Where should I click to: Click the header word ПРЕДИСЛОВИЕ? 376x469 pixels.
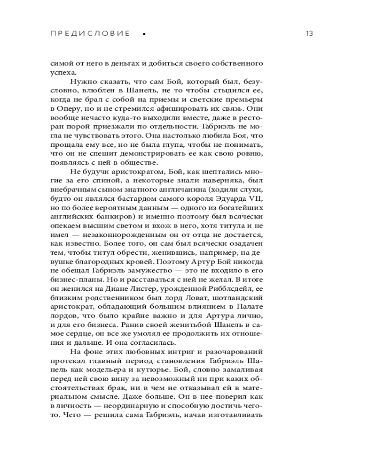89,34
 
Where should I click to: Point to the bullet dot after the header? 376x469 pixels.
143,34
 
